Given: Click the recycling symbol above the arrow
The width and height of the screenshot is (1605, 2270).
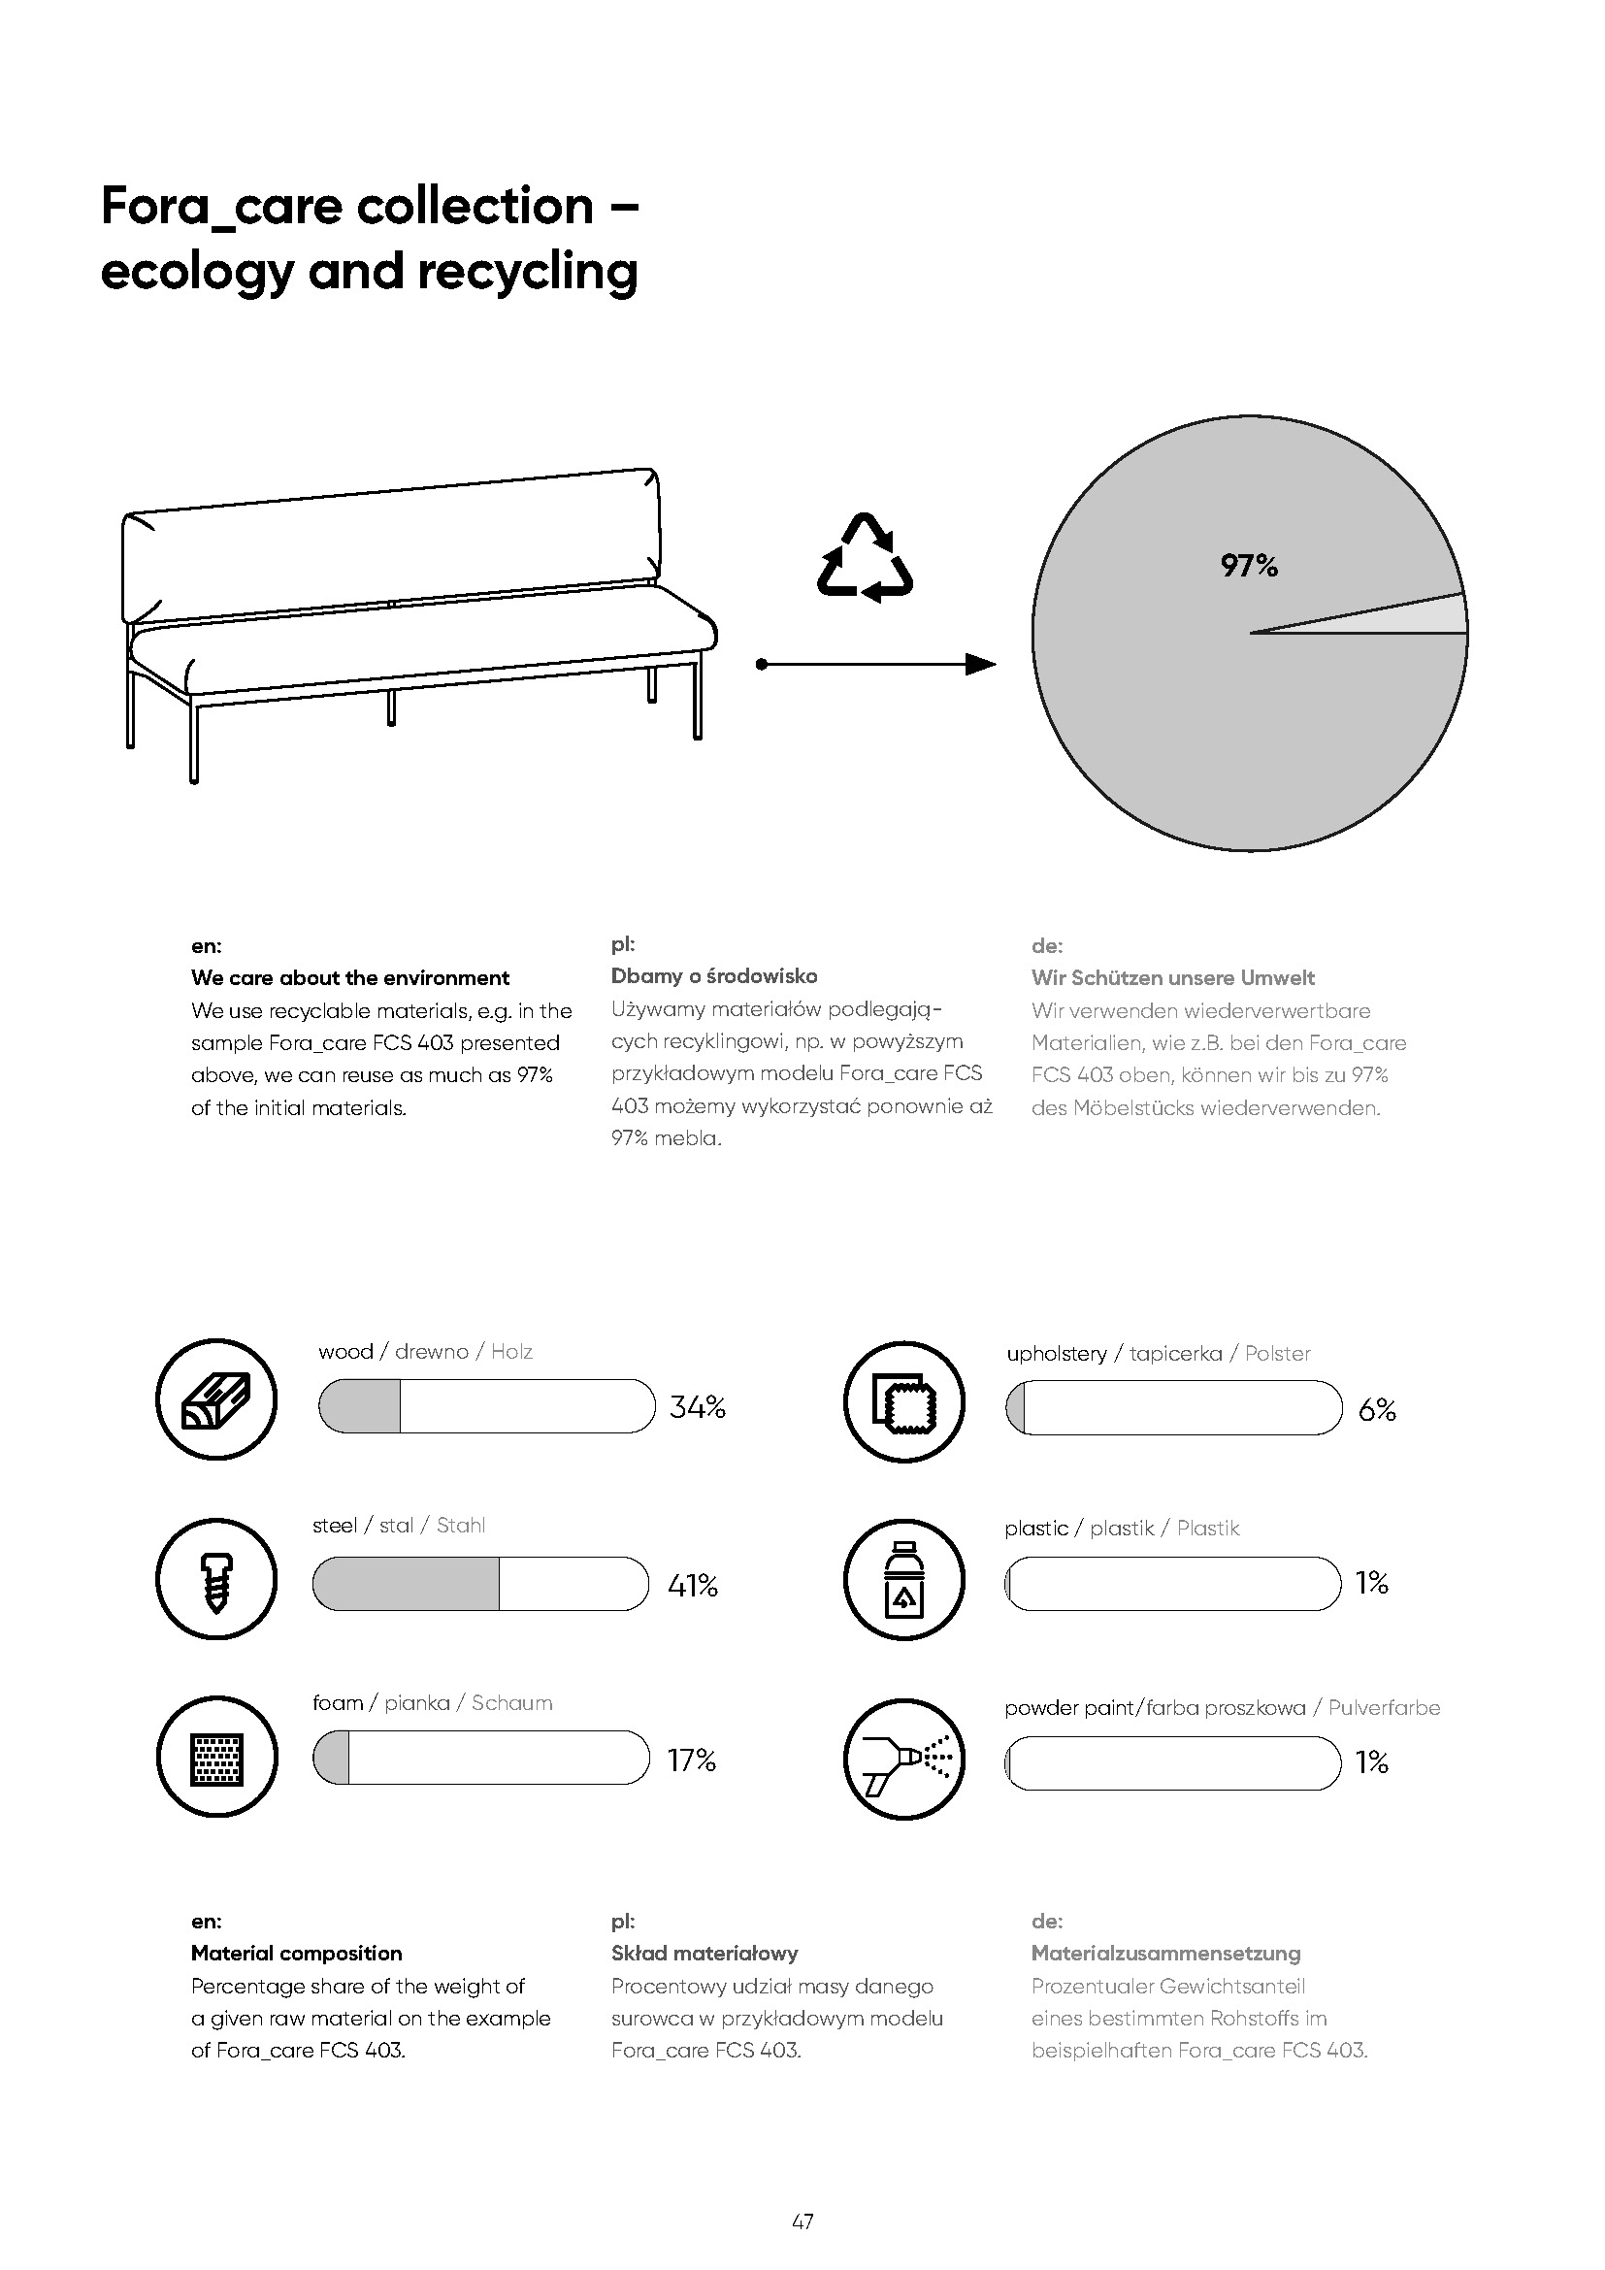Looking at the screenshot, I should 865,559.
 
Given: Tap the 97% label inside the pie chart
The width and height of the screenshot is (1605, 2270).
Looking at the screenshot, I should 1249,566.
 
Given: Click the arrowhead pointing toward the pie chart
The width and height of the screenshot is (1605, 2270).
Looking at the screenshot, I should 980,665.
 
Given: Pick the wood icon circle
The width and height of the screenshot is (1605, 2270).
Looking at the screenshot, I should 216,1399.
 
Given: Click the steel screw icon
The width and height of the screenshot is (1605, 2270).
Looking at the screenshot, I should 216,1579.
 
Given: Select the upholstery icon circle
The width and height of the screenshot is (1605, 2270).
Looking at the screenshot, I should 903,1401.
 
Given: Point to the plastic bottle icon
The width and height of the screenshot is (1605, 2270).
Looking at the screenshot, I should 903,1579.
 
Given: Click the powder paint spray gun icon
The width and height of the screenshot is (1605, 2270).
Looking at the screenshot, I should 903,1760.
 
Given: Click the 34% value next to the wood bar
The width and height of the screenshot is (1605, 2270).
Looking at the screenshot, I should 697,1407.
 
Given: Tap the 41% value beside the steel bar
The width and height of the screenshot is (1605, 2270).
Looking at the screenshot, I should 693,1586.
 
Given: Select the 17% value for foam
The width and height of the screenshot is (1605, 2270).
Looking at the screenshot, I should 691,1760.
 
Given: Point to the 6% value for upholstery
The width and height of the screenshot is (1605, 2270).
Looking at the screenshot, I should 1377,1410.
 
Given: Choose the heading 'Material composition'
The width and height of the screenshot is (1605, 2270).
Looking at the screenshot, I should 297,1954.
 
